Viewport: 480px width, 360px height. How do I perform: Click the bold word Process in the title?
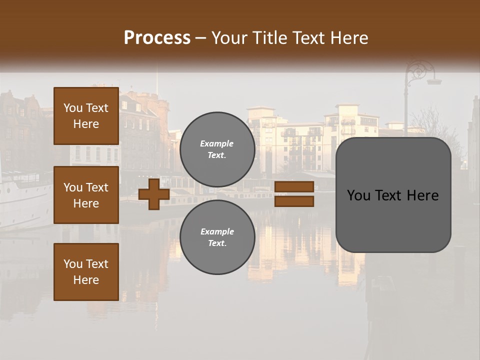[157, 38]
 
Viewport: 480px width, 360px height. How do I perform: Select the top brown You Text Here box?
[86, 116]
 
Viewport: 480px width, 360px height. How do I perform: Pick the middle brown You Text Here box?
[86, 195]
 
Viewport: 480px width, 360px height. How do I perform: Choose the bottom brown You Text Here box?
[86, 272]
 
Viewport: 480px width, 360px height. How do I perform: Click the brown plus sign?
[154, 194]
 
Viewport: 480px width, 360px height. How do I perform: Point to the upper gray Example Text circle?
[217, 149]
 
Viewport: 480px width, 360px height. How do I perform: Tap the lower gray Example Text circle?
[217, 237]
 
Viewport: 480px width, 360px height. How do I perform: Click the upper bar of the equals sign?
[294, 186]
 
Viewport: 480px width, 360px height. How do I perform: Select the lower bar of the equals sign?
[294, 201]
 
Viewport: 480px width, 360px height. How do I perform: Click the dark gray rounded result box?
[393, 195]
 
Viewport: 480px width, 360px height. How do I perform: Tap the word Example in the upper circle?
[217, 143]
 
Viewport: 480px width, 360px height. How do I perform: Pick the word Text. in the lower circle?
[217, 243]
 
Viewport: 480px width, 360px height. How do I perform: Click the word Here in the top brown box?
[86, 124]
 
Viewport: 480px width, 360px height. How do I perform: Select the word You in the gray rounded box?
[358, 195]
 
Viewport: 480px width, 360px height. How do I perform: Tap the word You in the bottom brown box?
[73, 264]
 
